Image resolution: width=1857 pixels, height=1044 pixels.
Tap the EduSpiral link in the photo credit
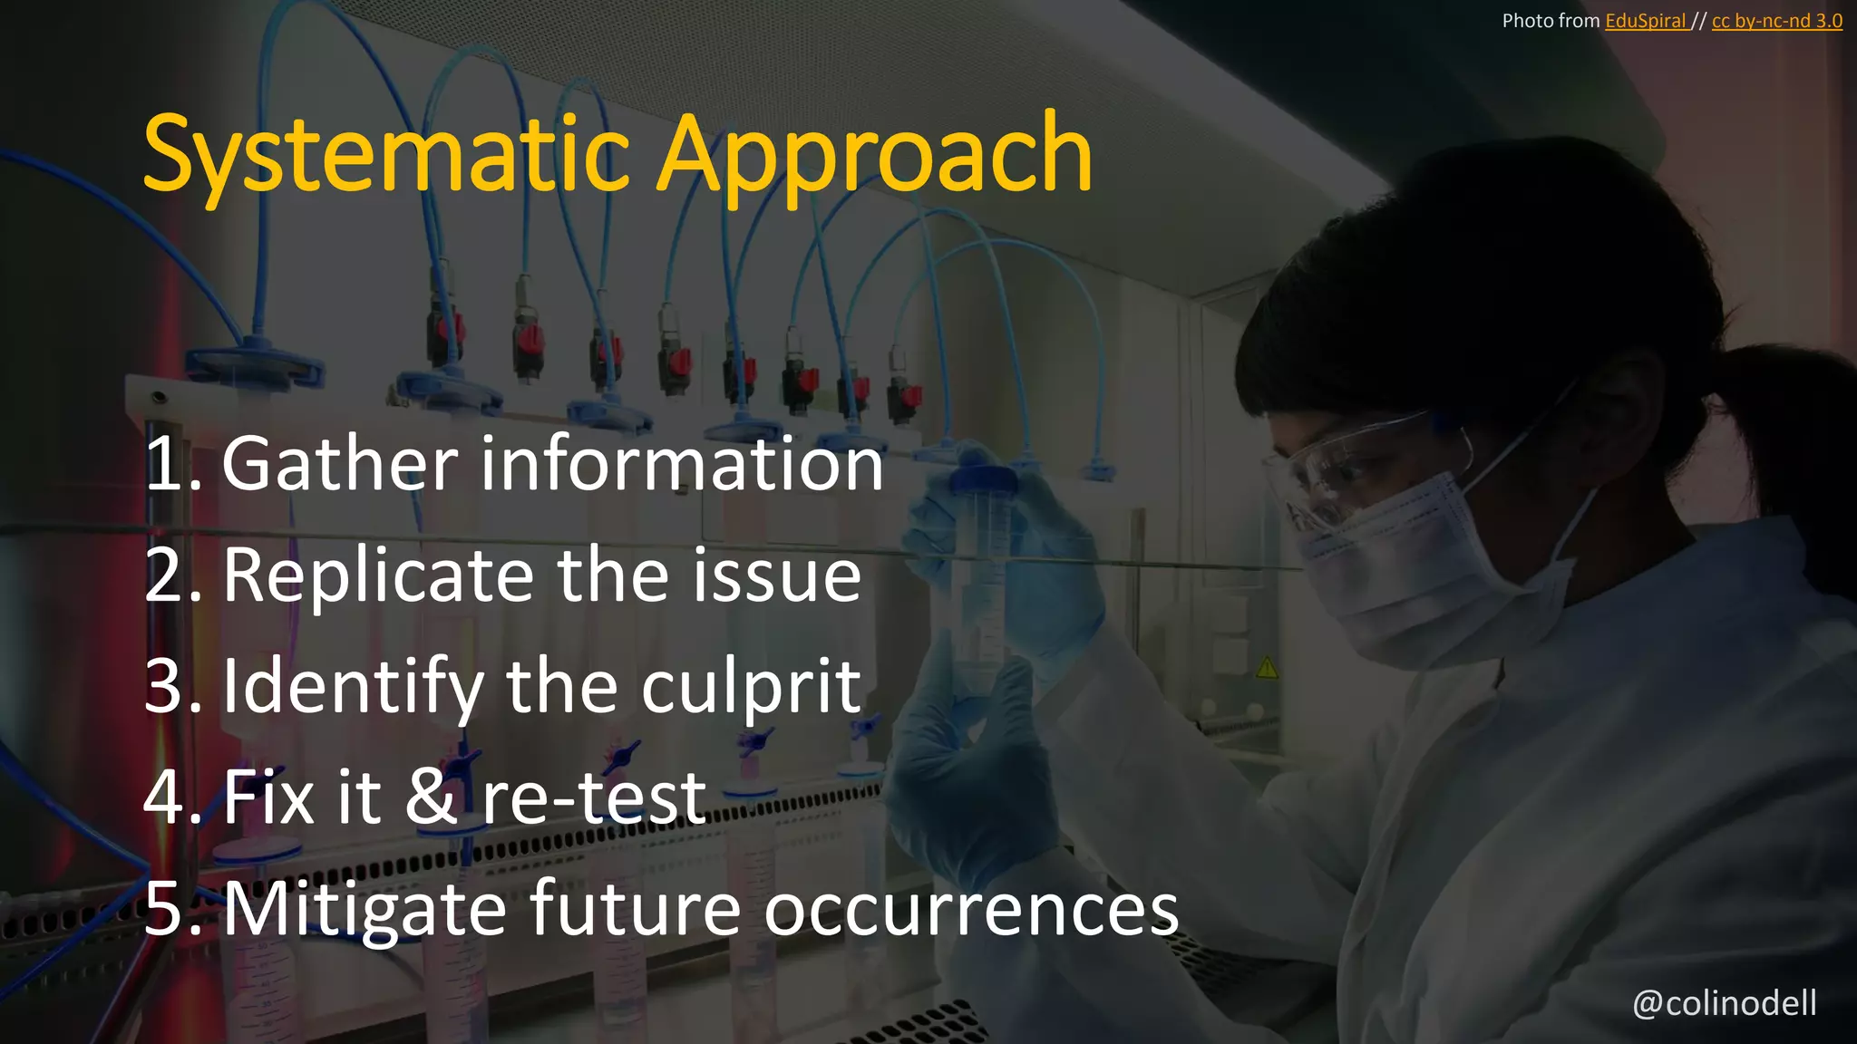[x=1645, y=21]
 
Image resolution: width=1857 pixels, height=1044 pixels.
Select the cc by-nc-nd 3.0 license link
[x=1776, y=21]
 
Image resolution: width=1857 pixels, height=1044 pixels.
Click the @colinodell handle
[x=1724, y=1003]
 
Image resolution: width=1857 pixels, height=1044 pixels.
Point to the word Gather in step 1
[x=340, y=464]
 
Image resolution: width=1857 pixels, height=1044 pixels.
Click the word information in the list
[x=681, y=464]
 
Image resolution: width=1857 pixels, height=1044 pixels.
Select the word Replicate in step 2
[x=378, y=575]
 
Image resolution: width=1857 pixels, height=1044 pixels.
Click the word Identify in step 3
[x=353, y=687]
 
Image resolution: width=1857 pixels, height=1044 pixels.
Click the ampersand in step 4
[x=431, y=797]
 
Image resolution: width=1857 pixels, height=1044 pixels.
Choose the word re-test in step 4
[x=593, y=797]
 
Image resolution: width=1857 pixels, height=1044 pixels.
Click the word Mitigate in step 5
[x=365, y=909]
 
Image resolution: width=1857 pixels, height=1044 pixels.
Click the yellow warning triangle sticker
[x=1267, y=669]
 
